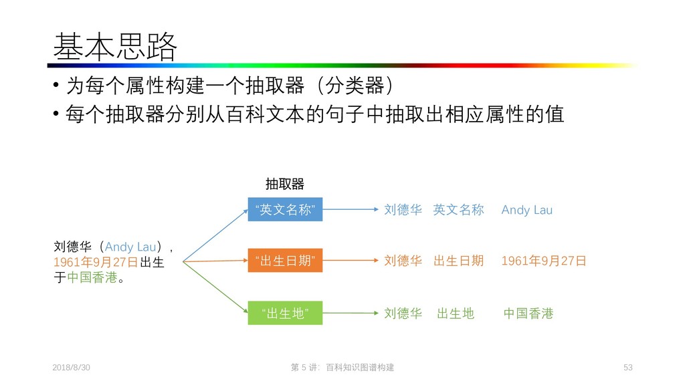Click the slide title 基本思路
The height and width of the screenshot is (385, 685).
coord(115,47)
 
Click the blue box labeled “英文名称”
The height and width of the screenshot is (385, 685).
coord(285,210)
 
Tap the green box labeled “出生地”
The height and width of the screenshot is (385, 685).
coord(285,313)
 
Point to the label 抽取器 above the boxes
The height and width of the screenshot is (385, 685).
coord(284,184)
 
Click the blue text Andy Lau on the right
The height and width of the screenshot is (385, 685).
coord(526,211)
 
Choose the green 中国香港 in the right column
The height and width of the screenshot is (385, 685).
coord(528,313)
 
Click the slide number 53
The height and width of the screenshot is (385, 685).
coord(627,368)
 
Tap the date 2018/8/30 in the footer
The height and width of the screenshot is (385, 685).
coord(72,368)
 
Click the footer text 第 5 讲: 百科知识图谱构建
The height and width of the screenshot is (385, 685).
coord(342,368)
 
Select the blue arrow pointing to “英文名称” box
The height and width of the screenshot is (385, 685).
coord(214,234)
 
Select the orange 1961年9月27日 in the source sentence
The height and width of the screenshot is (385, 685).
coord(96,262)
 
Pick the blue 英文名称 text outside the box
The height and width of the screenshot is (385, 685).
coord(458,211)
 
